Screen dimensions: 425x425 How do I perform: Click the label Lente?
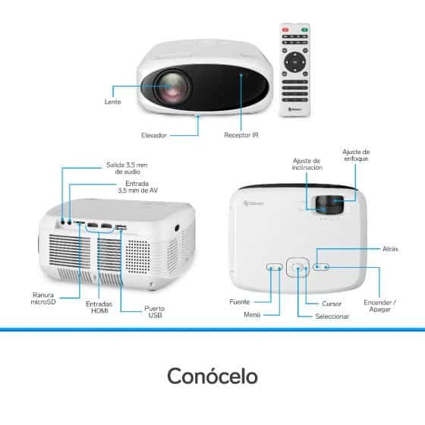(x=113, y=102)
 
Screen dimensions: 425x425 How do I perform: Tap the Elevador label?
(x=153, y=135)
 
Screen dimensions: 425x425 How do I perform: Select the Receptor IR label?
(x=241, y=135)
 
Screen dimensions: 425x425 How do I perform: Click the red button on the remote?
(x=285, y=30)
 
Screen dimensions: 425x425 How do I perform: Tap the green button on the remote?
(x=304, y=30)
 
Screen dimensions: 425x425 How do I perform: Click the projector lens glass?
(x=172, y=87)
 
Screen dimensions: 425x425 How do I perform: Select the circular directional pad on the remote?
(x=295, y=62)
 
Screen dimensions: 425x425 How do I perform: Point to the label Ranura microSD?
(x=43, y=298)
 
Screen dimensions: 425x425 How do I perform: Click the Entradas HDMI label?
(x=99, y=307)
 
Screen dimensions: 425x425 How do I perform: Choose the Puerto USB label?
(x=155, y=312)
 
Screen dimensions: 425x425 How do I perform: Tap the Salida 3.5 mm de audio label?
(x=127, y=168)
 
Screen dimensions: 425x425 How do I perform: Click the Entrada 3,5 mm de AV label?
(x=137, y=187)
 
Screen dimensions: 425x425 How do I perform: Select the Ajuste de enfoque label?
(x=356, y=155)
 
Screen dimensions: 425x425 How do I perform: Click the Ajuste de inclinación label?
(x=307, y=164)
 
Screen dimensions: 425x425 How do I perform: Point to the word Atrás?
(x=390, y=249)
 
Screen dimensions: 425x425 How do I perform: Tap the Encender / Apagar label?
(x=379, y=306)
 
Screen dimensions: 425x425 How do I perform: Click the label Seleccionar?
(x=332, y=316)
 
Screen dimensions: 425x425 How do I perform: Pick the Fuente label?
(x=240, y=302)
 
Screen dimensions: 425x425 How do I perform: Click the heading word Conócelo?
(x=212, y=376)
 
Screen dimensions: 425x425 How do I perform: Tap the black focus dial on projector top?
(x=329, y=204)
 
